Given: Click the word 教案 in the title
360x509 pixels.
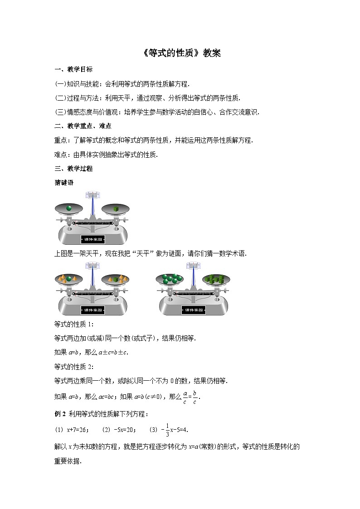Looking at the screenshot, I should [212, 53].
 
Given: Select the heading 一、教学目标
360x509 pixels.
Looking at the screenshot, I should [73, 69].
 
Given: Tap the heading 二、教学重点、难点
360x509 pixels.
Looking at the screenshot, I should [83, 126].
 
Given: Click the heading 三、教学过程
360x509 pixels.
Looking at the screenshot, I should [73, 169].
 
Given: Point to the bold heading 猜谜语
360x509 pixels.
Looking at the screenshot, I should [64, 183].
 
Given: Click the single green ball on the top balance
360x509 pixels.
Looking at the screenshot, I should [69, 208].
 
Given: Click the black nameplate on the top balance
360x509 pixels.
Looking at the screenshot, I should [93, 239].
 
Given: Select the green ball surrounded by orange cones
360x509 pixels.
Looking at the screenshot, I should [69, 279].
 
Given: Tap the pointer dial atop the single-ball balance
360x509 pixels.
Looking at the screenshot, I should [93, 195].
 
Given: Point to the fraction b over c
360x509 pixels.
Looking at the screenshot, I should [195, 397].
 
